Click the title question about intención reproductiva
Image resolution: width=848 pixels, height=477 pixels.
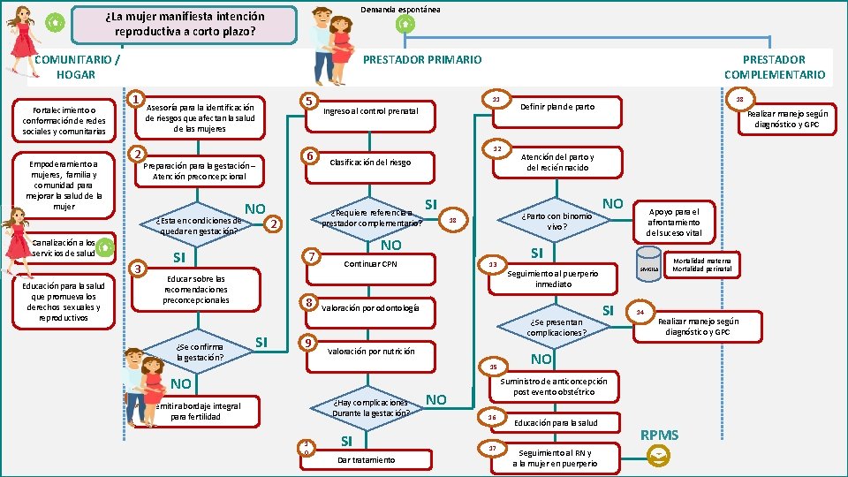tap(185, 24)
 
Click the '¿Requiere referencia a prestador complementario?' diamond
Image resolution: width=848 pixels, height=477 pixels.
tap(372, 217)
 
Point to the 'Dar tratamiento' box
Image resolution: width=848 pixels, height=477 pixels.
tap(367, 459)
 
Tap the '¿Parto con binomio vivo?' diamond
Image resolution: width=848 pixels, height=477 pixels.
tap(556, 220)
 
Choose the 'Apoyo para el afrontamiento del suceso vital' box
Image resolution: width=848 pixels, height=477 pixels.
tap(674, 222)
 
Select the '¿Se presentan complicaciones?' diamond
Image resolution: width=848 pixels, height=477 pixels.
tap(556, 327)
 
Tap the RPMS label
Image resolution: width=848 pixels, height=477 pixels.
tap(659, 435)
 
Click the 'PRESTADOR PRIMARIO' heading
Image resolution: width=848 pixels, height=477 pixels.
tap(423, 59)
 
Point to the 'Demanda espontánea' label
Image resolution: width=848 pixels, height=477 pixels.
tap(400, 9)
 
